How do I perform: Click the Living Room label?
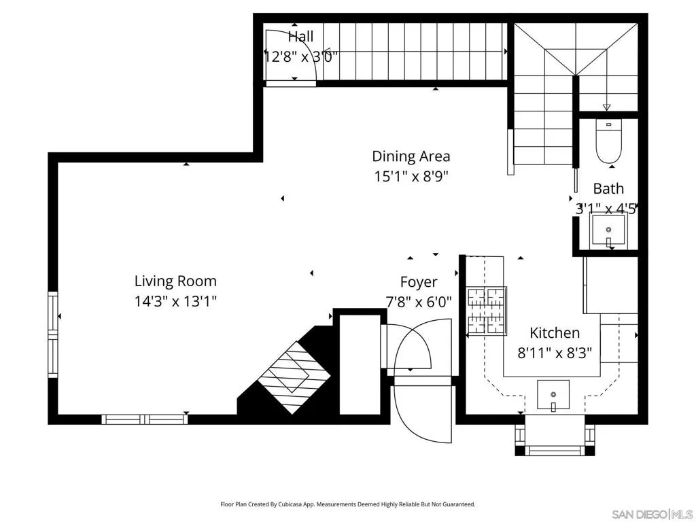point(175,281)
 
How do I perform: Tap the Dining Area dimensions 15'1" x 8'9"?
point(411,177)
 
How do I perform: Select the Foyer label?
point(419,282)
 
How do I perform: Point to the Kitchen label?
point(555,332)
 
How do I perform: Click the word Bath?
point(608,189)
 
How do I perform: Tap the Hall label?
point(300,37)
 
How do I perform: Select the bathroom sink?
point(608,230)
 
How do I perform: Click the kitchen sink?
point(553,395)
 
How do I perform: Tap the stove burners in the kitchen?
point(486,311)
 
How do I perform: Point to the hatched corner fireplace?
point(294,377)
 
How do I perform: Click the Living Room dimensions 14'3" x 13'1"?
point(176,302)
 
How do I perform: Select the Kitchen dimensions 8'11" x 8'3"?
point(555,353)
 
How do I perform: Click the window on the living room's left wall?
point(53,334)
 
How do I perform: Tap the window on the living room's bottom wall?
point(145,419)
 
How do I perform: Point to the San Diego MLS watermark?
point(652,514)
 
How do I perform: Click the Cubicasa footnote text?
point(348,504)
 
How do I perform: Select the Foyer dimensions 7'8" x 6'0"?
point(419,302)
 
